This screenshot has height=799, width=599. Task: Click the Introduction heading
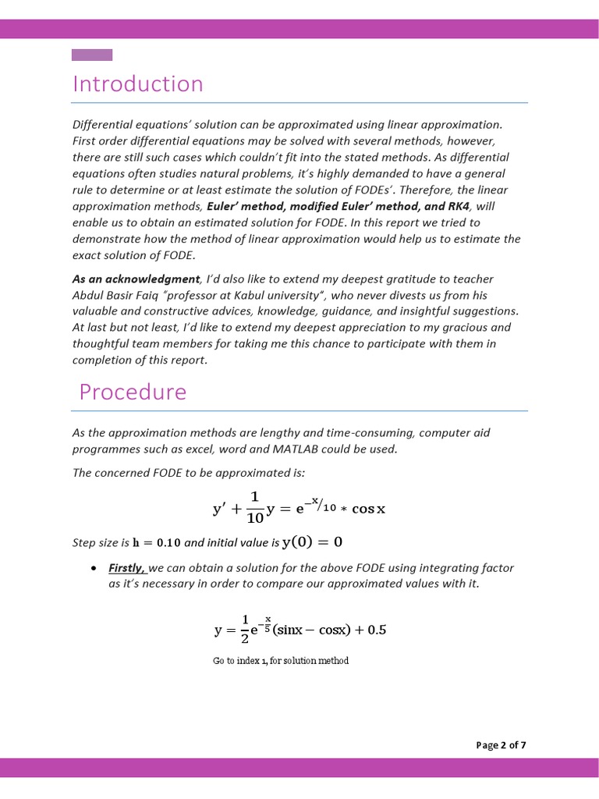137,83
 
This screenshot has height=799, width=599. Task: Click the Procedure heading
133,391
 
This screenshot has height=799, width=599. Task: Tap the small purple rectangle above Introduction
92,55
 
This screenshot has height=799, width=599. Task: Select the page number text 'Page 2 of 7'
501,745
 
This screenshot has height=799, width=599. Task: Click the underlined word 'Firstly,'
127,568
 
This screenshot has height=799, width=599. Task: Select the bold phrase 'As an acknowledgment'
136,279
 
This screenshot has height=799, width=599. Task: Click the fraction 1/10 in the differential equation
254,508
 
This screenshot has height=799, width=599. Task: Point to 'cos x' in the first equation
369,510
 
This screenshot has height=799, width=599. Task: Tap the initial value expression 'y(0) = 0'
312,542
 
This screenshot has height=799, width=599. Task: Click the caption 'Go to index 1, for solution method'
281,661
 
